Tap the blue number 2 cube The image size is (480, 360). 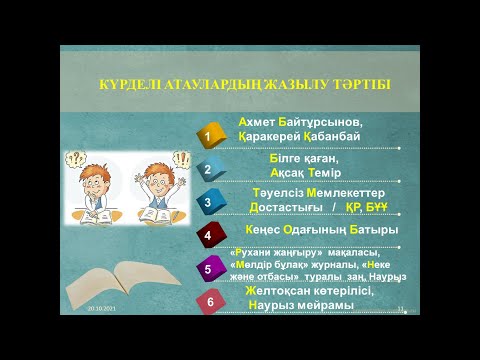tap(209, 169)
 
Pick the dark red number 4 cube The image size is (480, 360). tap(209, 236)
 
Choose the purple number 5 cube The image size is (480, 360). tap(209, 268)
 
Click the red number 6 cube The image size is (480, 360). tap(209, 300)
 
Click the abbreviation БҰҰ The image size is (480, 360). tap(384, 207)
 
